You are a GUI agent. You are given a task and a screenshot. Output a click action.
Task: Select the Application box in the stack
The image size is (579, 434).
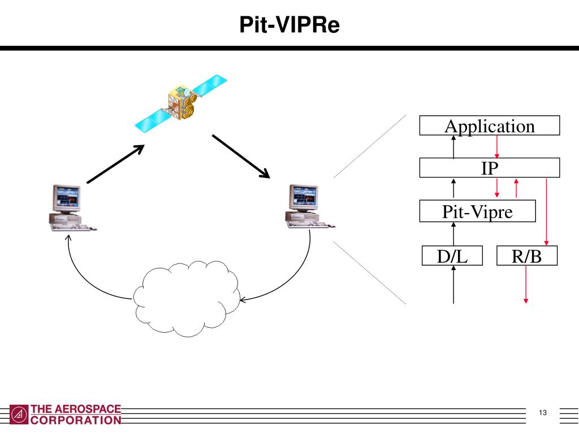coord(489,125)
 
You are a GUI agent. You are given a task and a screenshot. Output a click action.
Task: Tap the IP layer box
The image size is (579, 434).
coord(489,168)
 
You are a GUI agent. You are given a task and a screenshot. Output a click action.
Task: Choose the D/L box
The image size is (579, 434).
coord(453,255)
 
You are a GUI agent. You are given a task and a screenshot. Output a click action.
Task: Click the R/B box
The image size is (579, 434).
coord(526,255)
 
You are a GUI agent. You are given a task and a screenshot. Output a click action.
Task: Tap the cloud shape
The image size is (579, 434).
coord(187,297)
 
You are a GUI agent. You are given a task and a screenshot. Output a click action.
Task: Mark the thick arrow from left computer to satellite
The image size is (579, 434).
coord(116,164)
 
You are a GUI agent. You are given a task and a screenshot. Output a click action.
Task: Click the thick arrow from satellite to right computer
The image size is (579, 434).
coord(241,156)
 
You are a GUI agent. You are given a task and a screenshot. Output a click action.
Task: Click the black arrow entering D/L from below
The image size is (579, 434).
coord(453,285)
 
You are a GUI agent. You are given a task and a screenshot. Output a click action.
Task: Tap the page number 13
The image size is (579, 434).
coord(543,413)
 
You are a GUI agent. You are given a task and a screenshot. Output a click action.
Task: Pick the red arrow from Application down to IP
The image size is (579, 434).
coord(496,147)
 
